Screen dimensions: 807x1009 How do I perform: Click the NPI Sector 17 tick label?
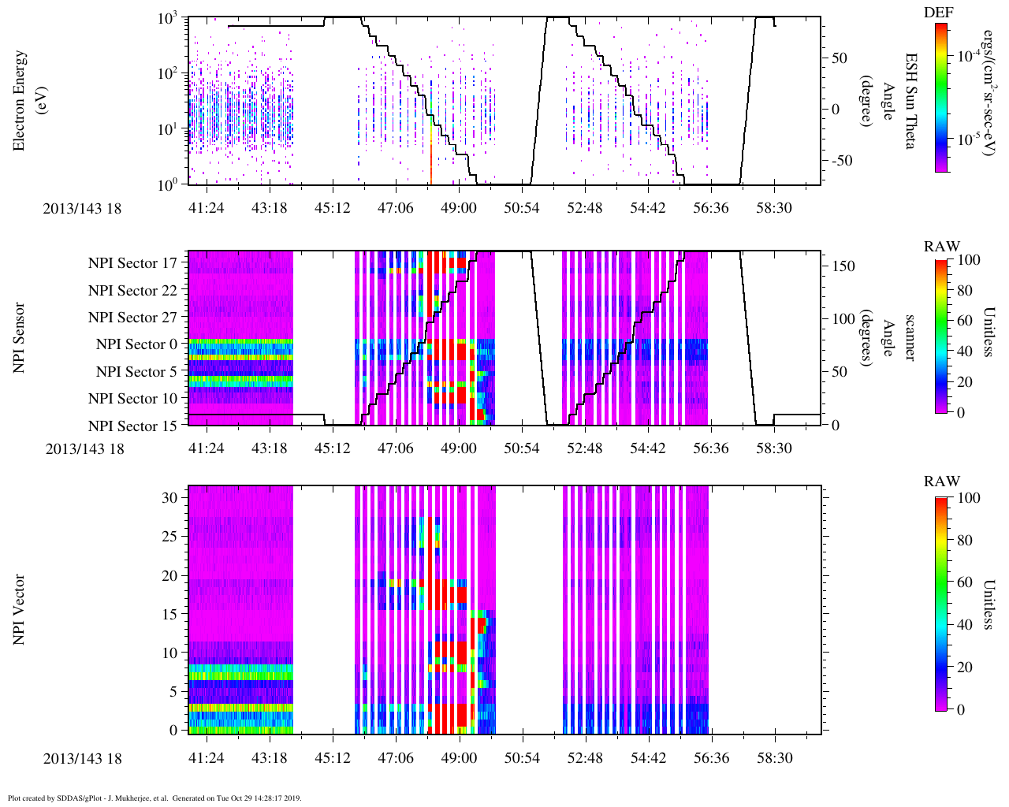click(x=133, y=263)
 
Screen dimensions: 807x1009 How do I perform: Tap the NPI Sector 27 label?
click(x=133, y=318)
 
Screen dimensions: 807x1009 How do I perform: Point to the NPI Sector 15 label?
click(x=133, y=426)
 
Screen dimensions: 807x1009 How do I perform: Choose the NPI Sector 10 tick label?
click(x=133, y=399)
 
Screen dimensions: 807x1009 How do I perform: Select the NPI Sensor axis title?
click(x=20, y=338)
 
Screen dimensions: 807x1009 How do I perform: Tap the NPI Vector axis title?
click(x=20, y=609)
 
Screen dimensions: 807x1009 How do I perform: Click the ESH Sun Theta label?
click(x=910, y=101)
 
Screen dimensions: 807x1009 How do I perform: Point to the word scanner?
click(x=910, y=338)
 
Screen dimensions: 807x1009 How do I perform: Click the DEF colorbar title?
click(x=939, y=12)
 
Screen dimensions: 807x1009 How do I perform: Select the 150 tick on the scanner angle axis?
click(x=844, y=266)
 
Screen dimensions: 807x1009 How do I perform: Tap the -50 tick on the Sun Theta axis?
click(x=840, y=161)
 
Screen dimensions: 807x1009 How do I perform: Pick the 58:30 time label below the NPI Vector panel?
click(x=774, y=758)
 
